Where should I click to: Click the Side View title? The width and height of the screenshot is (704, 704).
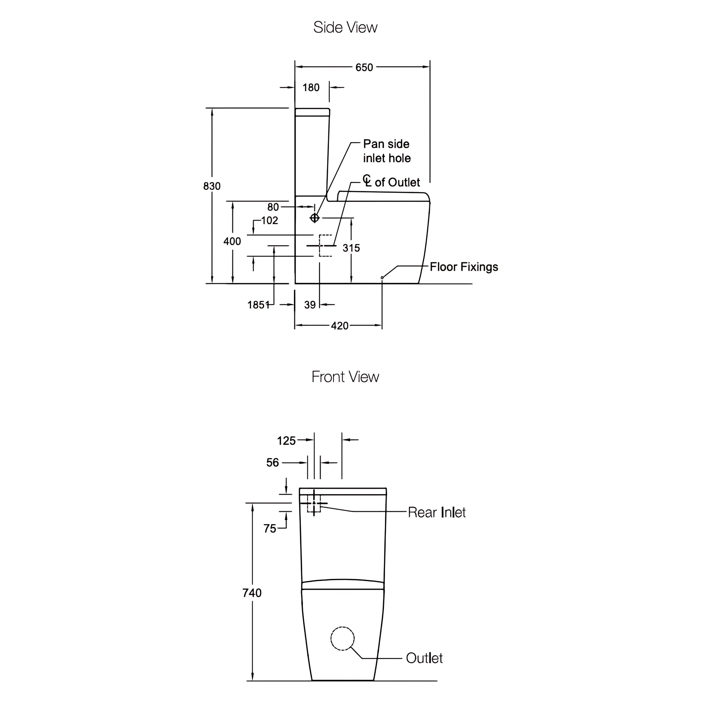pyautogui.click(x=345, y=27)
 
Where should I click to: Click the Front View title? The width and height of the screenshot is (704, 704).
pyautogui.click(x=345, y=377)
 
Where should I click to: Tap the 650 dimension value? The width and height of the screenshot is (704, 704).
pyautogui.click(x=364, y=67)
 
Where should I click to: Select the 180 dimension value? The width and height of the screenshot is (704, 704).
pyautogui.click(x=311, y=87)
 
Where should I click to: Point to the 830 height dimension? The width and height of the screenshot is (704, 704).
pyautogui.click(x=212, y=186)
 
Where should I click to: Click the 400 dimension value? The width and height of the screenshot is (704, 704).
pyautogui.click(x=232, y=241)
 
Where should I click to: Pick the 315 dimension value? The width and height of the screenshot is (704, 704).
pyautogui.click(x=351, y=248)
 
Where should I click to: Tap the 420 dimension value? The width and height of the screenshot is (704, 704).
pyautogui.click(x=340, y=326)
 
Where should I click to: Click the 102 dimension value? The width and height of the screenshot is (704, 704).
pyautogui.click(x=269, y=220)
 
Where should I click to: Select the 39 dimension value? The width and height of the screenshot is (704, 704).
pyautogui.click(x=310, y=305)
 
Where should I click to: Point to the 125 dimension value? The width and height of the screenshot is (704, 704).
pyautogui.click(x=286, y=441)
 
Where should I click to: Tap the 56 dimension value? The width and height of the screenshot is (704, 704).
pyautogui.click(x=273, y=463)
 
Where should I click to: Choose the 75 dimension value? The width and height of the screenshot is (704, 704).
pyautogui.click(x=270, y=528)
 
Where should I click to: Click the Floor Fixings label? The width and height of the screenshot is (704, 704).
pyautogui.click(x=464, y=267)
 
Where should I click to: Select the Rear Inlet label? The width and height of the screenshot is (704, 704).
pyautogui.click(x=437, y=512)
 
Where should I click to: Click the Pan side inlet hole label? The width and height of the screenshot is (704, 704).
pyautogui.click(x=387, y=151)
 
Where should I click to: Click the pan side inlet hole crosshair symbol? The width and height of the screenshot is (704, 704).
pyautogui.click(x=315, y=218)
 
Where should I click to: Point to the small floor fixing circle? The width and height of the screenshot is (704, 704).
pyautogui.click(x=382, y=278)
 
